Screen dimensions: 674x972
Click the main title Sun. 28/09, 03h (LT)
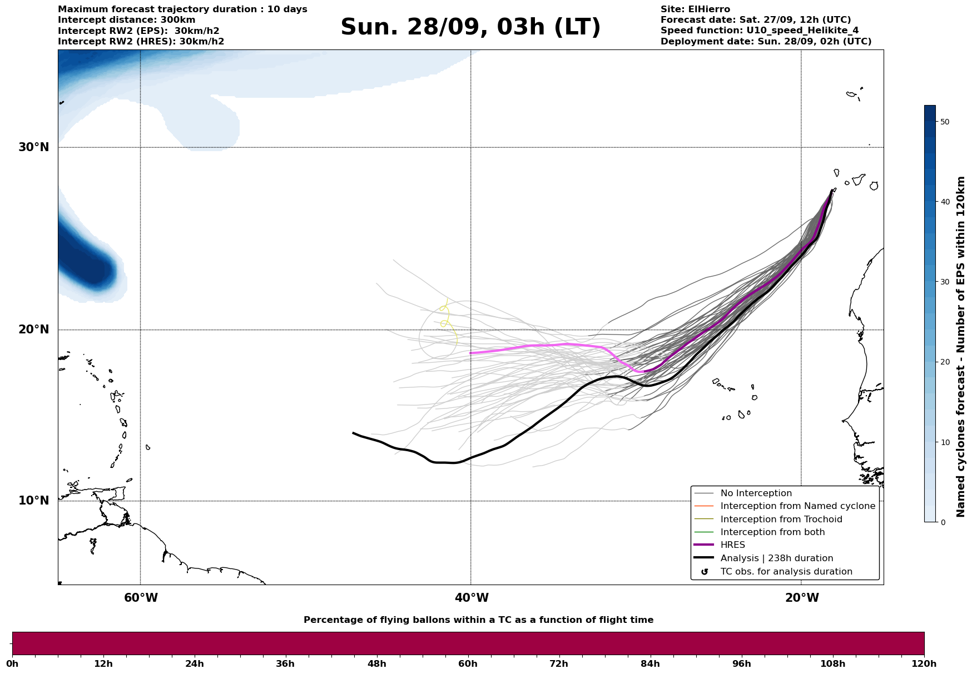point(470,27)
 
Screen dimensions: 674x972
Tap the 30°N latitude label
point(34,147)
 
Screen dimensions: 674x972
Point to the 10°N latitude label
point(34,501)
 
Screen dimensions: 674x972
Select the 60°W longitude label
point(141,598)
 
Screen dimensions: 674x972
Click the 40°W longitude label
point(472,598)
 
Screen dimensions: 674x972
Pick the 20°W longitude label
point(802,598)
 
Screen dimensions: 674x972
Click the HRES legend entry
point(732,545)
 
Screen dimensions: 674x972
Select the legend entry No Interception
point(756,493)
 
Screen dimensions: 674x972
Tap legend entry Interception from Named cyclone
point(797,506)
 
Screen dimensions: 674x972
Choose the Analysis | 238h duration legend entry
point(776,558)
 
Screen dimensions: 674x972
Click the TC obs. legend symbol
point(705,572)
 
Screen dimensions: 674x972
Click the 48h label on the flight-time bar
point(376,663)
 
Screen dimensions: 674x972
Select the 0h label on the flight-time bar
point(12,663)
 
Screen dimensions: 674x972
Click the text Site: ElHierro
point(695,9)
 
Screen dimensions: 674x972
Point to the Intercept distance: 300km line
point(126,20)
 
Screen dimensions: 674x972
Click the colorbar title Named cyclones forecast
point(961,347)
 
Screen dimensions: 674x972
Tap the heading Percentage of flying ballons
point(478,620)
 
